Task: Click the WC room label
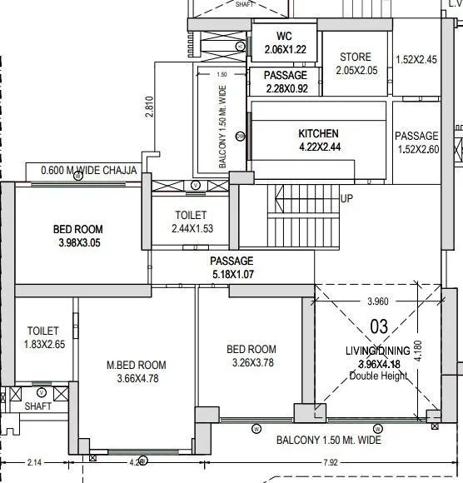(285, 37)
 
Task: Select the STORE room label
(356, 57)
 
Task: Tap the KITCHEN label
(318, 133)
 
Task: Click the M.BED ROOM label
(136, 365)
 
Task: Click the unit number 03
(379, 327)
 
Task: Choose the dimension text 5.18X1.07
(231, 273)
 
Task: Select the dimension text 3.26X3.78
(251, 362)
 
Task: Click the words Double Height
(379, 376)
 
